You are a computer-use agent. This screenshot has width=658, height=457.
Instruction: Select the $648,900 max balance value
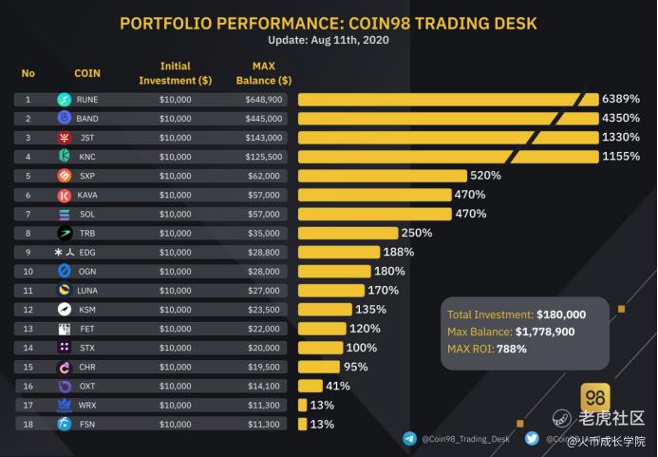(x=263, y=99)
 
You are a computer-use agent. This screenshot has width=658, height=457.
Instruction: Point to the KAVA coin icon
(x=65, y=195)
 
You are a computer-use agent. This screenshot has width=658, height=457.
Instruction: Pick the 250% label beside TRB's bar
(x=417, y=233)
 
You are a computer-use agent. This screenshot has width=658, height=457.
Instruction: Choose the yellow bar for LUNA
(x=331, y=290)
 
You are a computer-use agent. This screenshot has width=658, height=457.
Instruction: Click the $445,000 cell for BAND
(x=263, y=119)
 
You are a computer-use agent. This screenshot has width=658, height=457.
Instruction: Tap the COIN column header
(x=87, y=73)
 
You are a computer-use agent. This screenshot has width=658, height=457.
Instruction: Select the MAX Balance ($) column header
(x=263, y=73)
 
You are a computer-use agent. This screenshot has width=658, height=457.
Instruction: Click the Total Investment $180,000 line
(x=516, y=314)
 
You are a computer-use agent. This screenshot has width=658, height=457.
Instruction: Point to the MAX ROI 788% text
(x=486, y=349)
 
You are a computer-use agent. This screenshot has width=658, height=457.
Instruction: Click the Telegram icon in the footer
(x=409, y=439)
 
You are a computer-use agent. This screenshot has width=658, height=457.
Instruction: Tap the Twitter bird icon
(x=532, y=439)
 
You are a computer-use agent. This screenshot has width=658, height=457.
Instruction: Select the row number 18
(x=28, y=424)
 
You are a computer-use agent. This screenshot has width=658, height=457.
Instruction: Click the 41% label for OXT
(x=338, y=386)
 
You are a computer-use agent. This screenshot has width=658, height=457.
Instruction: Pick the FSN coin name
(x=86, y=424)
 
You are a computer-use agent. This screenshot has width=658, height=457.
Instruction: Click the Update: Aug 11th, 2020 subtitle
(x=329, y=40)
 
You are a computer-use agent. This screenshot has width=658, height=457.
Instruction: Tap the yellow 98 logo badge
(x=595, y=397)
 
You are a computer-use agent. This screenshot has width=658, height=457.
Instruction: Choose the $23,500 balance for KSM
(x=263, y=309)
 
